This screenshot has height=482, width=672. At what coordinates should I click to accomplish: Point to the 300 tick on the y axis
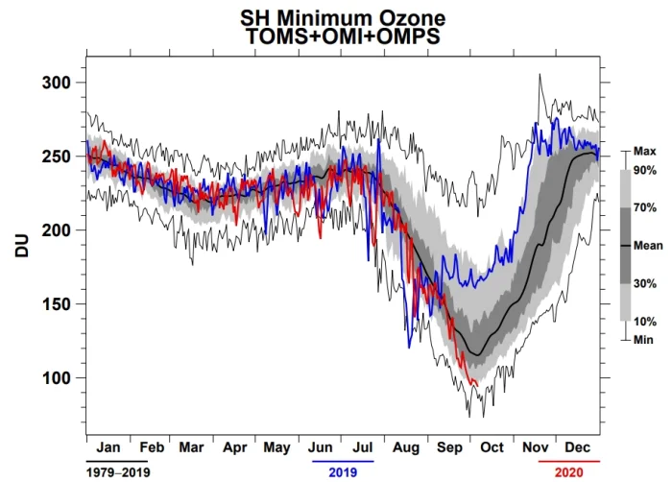tap(59, 84)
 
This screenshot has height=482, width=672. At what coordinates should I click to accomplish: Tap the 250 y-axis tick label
tap(59, 157)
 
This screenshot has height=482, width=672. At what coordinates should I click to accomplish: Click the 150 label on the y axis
tap(59, 304)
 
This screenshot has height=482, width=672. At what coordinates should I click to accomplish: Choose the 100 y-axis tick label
tap(59, 378)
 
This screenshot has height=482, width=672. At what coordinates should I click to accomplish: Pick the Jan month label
tap(108, 446)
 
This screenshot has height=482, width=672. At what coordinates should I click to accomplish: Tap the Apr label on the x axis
tap(235, 446)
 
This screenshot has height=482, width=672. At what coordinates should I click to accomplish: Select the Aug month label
tap(407, 446)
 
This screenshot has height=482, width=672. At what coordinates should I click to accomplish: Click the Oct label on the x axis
tap(492, 446)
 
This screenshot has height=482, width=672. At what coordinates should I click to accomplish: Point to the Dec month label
tap(578, 446)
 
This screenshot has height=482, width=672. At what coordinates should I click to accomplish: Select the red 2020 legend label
tap(567, 471)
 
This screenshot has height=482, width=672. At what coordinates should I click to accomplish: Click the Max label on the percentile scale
tap(644, 152)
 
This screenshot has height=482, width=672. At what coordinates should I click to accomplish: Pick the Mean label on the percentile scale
tap(647, 246)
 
